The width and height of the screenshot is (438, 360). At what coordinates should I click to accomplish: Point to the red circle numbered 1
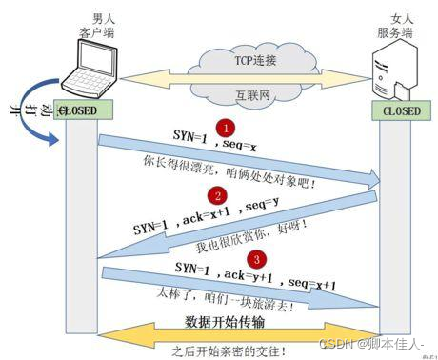pyautogui.click(x=225, y=127)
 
